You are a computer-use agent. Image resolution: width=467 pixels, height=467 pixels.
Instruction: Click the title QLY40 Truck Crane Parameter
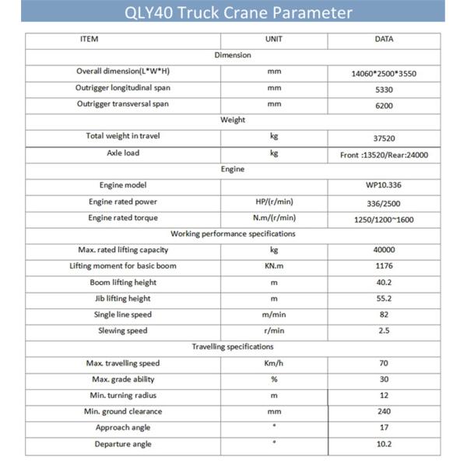point(233,13)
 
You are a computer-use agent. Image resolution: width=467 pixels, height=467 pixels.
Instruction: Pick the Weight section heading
point(233,121)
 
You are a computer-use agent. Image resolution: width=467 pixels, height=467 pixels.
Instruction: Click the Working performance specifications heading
point(233,234)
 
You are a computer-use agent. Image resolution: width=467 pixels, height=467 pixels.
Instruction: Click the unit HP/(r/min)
point(274,202)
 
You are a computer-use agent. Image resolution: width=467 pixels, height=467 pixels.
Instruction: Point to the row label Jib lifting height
point(123,299)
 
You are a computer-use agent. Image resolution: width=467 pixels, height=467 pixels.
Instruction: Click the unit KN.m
point(274,267)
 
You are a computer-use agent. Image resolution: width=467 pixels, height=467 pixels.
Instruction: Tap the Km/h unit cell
point(274,363)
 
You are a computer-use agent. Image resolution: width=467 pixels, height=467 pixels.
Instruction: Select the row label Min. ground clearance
point(123,412)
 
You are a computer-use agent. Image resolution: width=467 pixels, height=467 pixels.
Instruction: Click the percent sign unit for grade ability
point(274,380)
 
